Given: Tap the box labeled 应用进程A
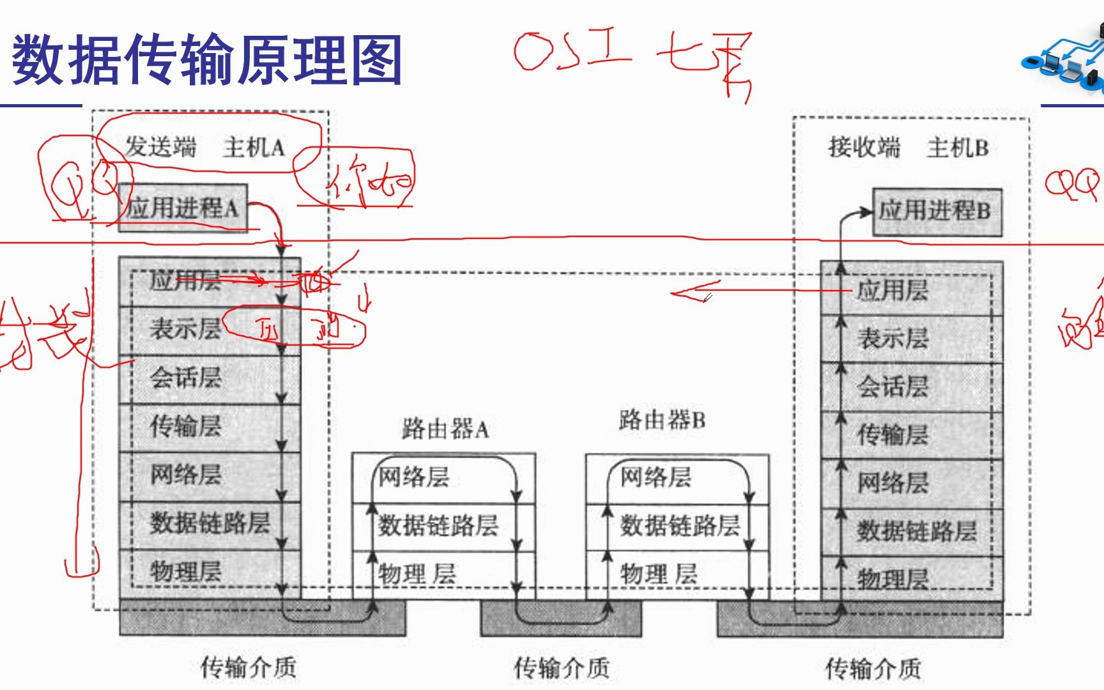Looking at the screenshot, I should (183, 208).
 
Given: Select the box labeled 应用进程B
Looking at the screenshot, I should (937, 211).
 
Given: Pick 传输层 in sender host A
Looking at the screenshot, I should (186, 426).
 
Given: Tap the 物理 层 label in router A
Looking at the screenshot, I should (417, 574).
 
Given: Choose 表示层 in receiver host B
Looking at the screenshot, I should (893, 339).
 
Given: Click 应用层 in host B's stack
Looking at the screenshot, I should (893, 291).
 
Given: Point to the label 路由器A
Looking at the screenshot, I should (445, 429).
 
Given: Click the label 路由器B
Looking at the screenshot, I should (662, 420).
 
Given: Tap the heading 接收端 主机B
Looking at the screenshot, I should (908, 148).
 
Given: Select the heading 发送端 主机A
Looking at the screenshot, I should (204, 148).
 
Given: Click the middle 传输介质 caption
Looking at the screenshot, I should (562, 668).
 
